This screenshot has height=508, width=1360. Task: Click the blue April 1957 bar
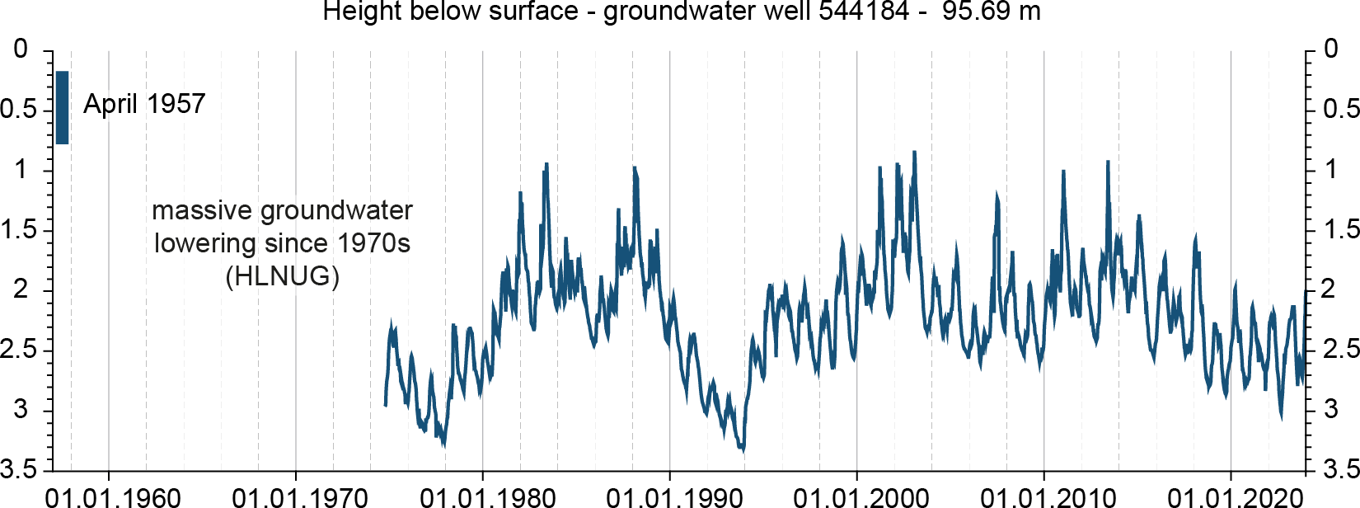point(62,107)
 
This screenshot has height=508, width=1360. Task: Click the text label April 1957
point(144,104)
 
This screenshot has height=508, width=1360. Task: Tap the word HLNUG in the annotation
point(282,276)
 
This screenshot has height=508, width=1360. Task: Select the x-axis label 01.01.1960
point(113,497)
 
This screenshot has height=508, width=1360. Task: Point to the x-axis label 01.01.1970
point(300,497)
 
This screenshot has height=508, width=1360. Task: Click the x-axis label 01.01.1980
point(487,497)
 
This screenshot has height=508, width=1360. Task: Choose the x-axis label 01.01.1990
point(674,497)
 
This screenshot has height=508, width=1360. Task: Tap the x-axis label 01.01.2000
point(861,497)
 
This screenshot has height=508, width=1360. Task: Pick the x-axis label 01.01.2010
point(1048,497)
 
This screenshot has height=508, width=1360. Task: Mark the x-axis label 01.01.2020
point(1236,497)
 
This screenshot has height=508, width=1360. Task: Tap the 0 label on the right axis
point(1331,49)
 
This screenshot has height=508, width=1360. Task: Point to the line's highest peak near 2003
point(914,153)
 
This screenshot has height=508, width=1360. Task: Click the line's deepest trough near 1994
point(743,450)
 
